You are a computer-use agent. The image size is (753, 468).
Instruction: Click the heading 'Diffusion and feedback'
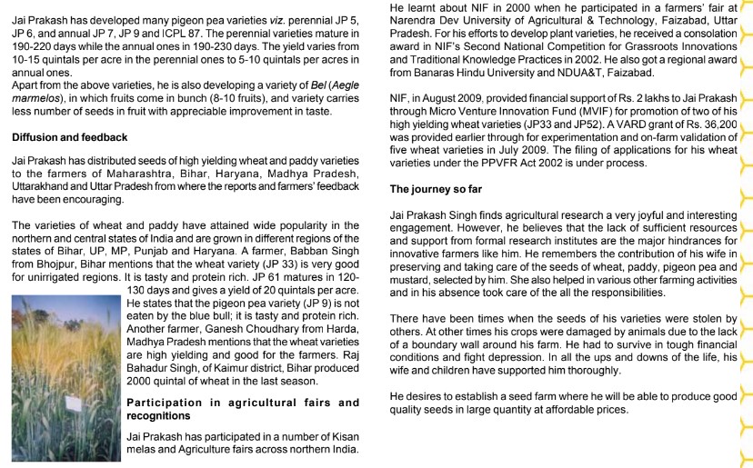click(69, 137)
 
